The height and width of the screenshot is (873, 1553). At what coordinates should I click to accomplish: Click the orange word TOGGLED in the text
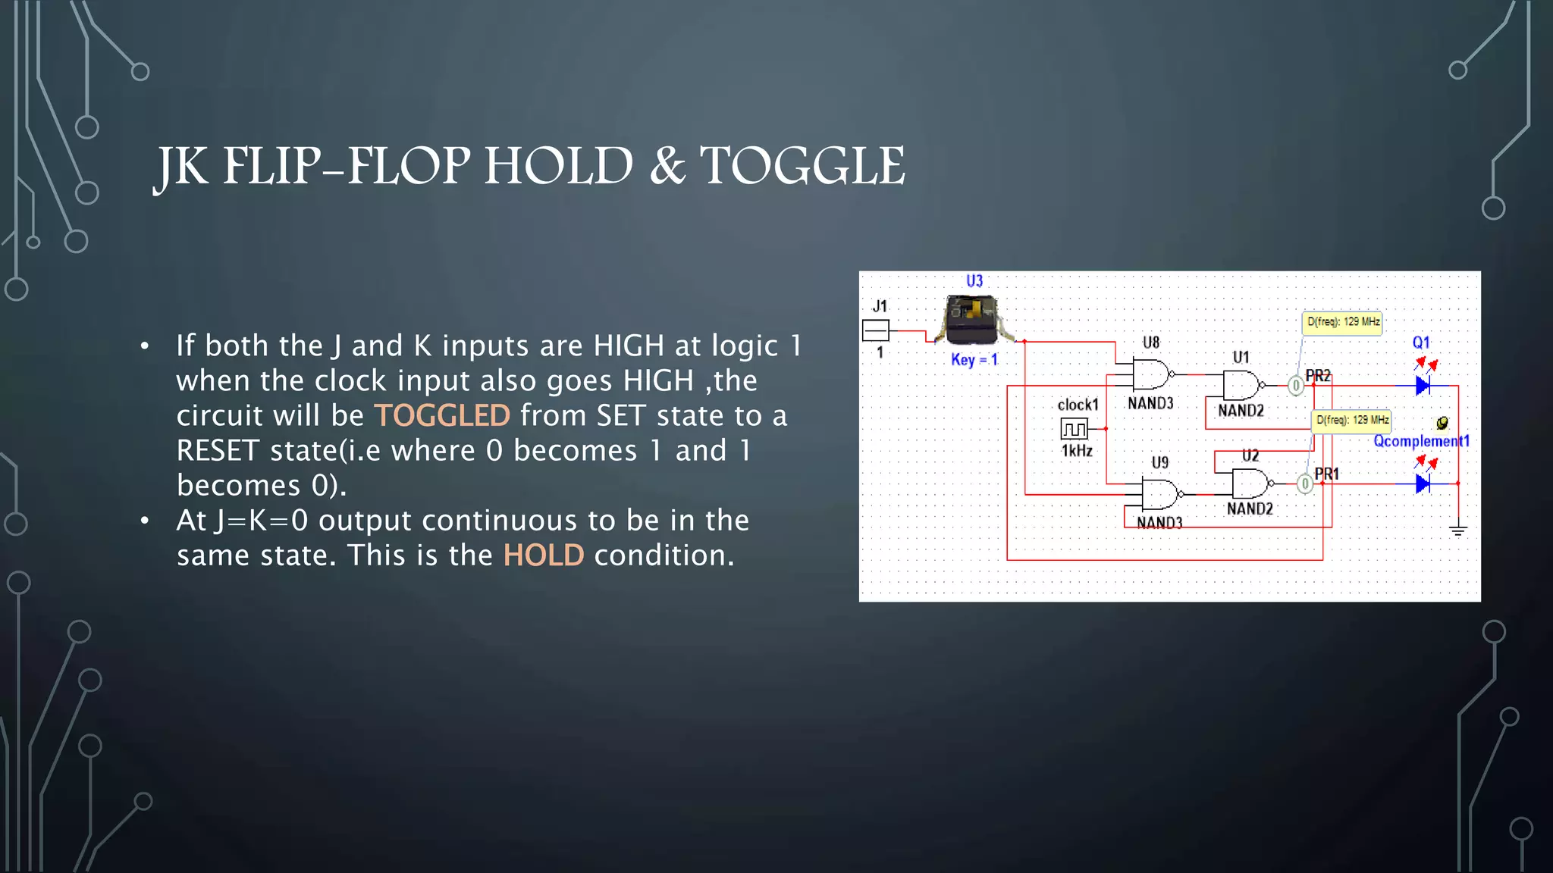point(442,416)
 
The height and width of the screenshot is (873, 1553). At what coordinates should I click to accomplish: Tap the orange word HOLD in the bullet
point(544,556)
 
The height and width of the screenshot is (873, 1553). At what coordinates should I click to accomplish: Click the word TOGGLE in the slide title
point(802,166)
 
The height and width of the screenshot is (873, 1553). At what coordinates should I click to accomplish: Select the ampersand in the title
point(667,166)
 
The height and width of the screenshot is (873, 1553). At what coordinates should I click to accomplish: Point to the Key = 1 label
point(974,360)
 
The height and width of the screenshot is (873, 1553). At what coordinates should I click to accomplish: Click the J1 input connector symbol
point(876,330)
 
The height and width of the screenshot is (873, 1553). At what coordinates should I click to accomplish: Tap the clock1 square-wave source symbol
point(1074,430)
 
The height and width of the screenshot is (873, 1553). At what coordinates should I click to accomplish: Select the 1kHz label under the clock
point(1076,452)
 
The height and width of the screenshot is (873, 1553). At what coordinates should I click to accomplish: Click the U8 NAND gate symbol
point(1151,374)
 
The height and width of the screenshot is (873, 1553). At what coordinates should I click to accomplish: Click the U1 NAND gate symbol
point(1241,385)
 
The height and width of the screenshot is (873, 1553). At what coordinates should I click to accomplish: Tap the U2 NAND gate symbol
point(1250,483)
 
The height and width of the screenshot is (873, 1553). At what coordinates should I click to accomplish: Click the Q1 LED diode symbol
point(1423,386)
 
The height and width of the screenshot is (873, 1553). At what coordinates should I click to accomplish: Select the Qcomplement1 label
point(1421,441)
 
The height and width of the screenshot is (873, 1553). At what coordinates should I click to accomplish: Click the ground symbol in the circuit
point(1457,530)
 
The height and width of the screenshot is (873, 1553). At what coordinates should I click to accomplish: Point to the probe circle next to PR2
point(1296,386)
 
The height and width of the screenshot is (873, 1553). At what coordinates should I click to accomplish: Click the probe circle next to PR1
point(1304,483)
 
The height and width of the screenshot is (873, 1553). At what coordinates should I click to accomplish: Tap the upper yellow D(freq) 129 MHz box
point(1342,323)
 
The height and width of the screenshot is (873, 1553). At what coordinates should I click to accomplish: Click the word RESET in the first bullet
point(218,451)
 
